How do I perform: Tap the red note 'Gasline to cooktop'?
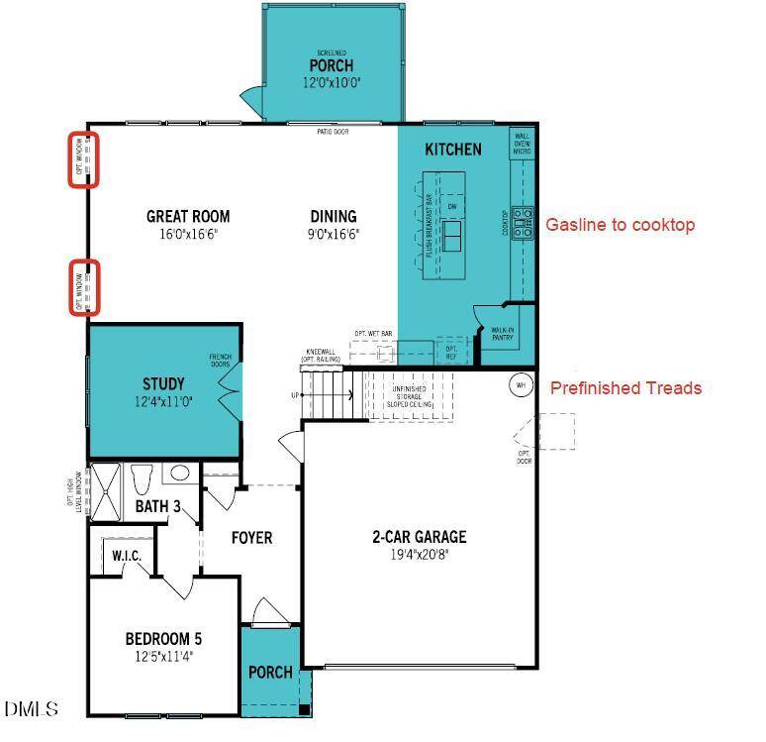pos(620,225)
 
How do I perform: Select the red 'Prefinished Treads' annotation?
pos(625,388)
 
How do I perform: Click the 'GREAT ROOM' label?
pos(188,216)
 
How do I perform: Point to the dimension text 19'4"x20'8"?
pos(419,555)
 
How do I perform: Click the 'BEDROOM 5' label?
pos(163,637)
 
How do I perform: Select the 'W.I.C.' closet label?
pos(127,557)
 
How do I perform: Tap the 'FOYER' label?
pos(251,538)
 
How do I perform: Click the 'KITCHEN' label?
pos(453,150)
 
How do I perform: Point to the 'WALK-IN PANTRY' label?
pos(503,334)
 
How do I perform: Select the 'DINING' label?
pos(333,216)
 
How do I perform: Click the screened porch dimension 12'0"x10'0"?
pos(333,84)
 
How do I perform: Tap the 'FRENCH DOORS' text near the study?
pos(219,361)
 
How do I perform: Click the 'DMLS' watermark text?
pos(32,709)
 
